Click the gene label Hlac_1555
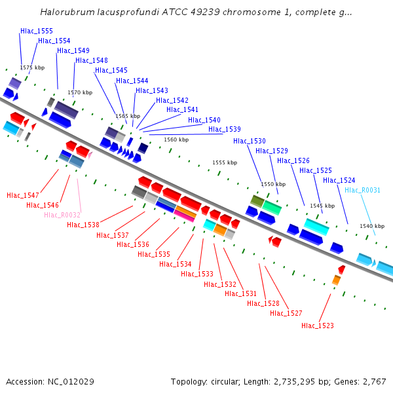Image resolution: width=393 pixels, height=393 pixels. (x=37, y=31)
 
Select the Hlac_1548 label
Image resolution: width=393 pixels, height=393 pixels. (x=92, y=60)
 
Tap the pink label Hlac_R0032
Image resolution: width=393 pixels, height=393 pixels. (x=62, y=215)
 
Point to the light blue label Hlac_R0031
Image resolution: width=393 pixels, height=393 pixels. (x=362, y=190)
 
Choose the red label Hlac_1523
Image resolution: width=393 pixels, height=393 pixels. (x=318, y=326)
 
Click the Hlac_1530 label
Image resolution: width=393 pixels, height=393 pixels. (x=250, y=141)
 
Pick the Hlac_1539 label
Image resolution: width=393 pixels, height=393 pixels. (x=225, y=129)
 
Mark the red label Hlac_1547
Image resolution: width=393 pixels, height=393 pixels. (x=23, y=195)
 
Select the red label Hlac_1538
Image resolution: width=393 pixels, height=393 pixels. (x=83, y=225)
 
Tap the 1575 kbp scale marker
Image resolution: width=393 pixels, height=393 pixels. (x=32, y=67)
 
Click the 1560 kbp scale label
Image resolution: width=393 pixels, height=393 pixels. (x=176, y=140)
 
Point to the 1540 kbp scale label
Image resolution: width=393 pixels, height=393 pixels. (x=372, y=226)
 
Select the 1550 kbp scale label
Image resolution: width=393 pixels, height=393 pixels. (x=273, y=184)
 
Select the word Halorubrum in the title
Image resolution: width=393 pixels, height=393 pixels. (x=64, y=12)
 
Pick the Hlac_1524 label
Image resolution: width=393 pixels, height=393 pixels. (x=339, y=180)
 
